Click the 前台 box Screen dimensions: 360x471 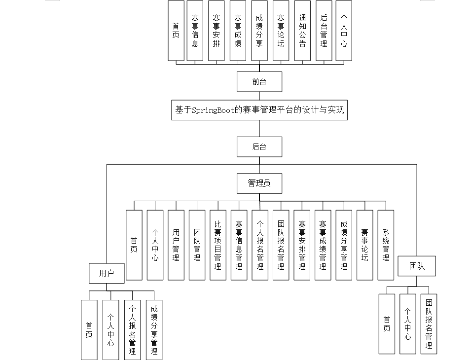(259, 82)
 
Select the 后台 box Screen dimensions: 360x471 (259, 146)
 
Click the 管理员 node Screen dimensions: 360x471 (259, 183)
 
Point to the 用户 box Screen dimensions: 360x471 (107, 273)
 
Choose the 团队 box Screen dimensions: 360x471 (417, 266)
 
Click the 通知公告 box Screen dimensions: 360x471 (302, 31)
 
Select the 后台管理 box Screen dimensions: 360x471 (324, 31)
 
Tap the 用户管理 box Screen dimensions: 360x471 (176, 245)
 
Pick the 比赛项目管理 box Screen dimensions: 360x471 (218, 245)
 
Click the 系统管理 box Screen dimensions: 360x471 (386, 245)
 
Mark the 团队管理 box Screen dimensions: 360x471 (197, 245)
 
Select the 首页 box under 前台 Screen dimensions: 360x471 (176, 31)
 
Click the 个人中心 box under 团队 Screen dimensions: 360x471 (407, 324)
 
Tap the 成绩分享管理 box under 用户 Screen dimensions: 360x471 (154, 329)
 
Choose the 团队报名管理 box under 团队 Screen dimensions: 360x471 (429, 324)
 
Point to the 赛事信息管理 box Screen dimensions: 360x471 (239, 245)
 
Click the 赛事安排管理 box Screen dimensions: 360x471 (302, 245)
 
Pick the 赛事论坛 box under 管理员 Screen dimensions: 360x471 (364, 245)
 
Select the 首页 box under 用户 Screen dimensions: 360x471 (89, 329)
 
